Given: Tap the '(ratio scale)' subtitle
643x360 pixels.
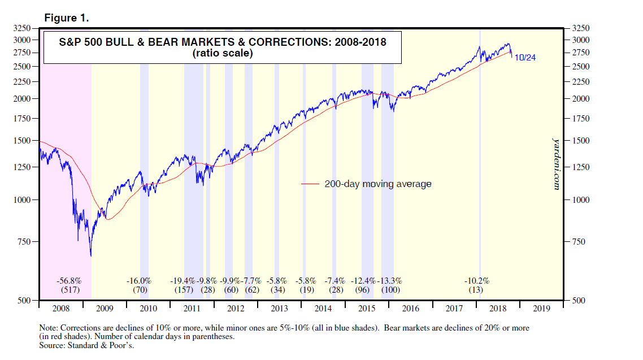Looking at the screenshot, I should tap(222, 54).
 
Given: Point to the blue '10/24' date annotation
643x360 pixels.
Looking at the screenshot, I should tap(525, 57).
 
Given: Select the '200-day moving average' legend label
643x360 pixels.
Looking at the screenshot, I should tap(378, 184).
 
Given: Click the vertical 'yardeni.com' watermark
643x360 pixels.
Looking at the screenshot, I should tap(556, 163).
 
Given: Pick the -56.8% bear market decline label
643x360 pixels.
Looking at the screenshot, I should tap(69, 280).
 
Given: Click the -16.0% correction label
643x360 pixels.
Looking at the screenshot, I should tap(139, 280).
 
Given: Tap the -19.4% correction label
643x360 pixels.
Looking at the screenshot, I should tap(183, 280).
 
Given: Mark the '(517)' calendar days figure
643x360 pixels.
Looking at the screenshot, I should tap(69, 290).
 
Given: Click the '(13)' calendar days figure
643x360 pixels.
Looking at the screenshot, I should tap(476, 290).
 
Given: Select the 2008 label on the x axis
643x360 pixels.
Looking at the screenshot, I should tap(60, 309).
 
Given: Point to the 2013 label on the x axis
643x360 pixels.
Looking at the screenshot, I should tap(279, 309).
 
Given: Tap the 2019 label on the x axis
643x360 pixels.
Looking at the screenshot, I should tap(542, 309).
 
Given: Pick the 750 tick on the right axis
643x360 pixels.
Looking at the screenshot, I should tap(581, 242).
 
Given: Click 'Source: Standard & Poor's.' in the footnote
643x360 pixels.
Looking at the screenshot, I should tap(86, 345).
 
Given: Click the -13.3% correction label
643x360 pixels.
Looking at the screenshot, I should tap(390, 280).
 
